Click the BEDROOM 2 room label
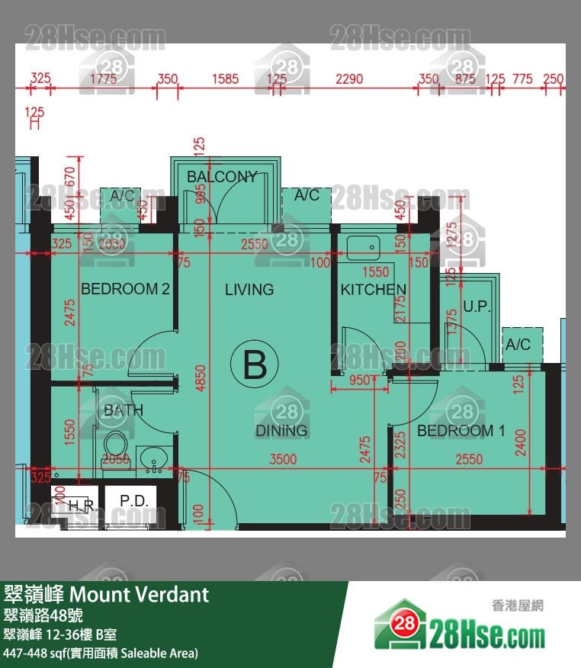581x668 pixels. click(125, 290)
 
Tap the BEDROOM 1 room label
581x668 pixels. click(461, 431)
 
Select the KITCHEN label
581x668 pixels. click(373, 290)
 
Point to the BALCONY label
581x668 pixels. click(222, 177)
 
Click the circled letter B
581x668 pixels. click(255, 365)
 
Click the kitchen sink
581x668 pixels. click(363, 246)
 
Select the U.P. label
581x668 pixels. click(477, 308)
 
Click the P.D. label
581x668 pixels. click(135, 501)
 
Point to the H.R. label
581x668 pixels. click(79, 506)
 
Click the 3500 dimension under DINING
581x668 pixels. click(283, 459)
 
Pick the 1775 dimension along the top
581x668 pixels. click(103, 79)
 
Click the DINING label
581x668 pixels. click(281, 431)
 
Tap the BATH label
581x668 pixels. click(124, 411)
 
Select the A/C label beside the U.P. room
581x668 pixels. click(518, 345)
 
